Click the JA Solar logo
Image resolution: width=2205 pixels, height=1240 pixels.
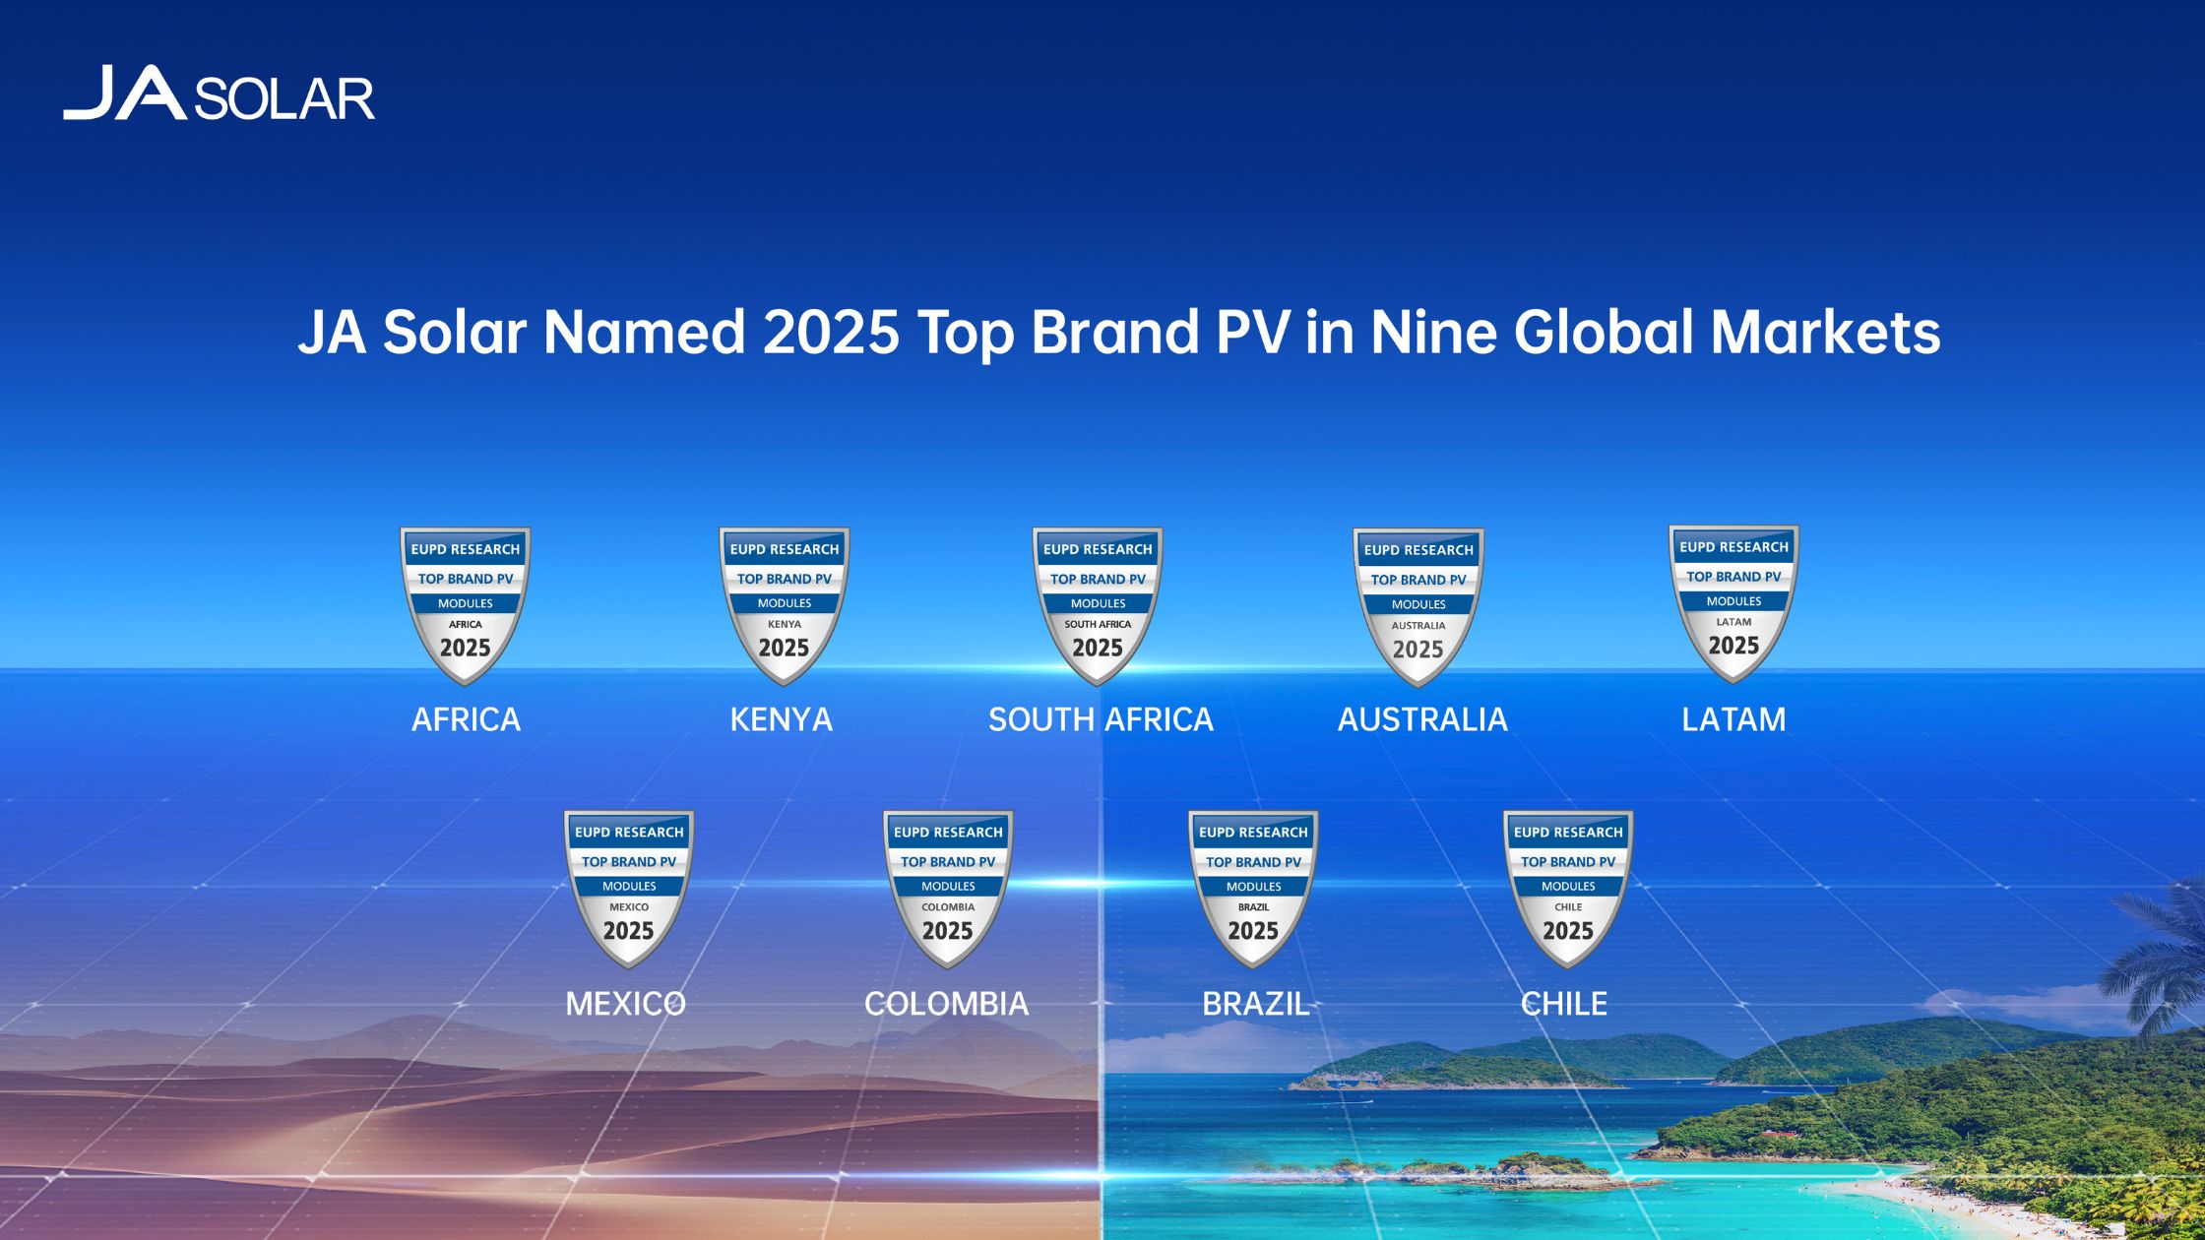(219, 93)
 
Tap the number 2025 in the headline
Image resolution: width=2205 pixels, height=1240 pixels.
(831, 332)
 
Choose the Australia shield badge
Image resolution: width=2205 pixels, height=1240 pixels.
(1418, 606)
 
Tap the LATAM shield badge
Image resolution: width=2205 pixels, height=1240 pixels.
(1733, 603)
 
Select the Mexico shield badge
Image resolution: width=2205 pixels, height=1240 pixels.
(629, 889)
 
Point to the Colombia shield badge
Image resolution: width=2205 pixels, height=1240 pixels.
(948, 889)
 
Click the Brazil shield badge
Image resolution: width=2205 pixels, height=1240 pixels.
(1253, 889)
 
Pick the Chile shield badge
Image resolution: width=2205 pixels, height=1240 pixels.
(1568, 889)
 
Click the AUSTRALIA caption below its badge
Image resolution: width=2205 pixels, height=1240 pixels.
(1422, 719)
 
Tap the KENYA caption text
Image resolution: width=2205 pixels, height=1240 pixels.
(782, 719)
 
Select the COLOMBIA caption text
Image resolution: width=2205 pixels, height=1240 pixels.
(946, 1003)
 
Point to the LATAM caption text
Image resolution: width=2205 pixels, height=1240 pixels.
(1733, 719)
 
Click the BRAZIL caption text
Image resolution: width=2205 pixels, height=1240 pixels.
(1256, 1003)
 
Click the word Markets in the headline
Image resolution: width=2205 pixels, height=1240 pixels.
(1826, 332)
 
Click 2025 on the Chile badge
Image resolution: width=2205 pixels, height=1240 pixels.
(1568, 931)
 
